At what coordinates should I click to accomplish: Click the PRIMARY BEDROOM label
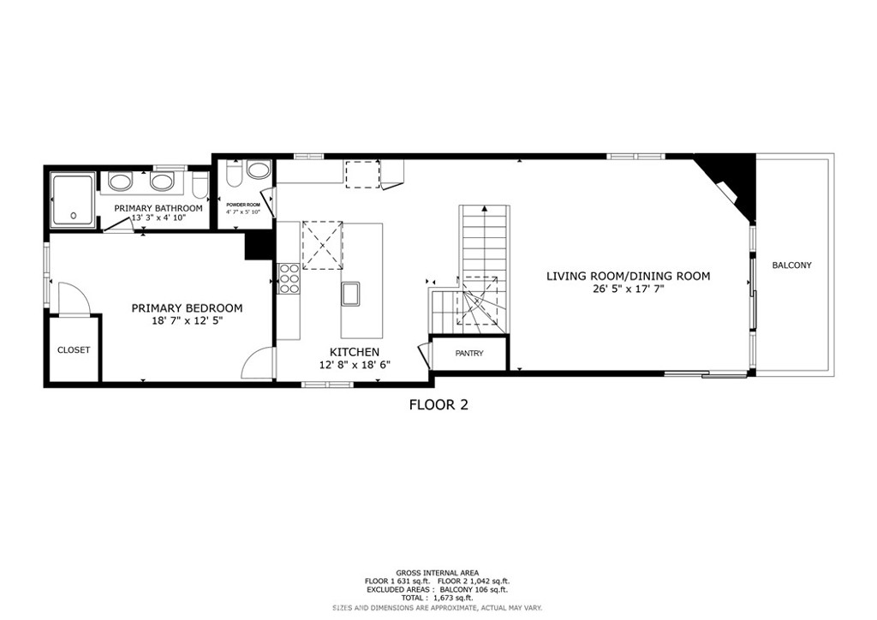(186, 308)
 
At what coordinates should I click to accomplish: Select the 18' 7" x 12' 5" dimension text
(186, 321)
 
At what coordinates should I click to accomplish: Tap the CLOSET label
(74, 350)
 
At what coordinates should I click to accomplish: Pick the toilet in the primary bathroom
(198, 184)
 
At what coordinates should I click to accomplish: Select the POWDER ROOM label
(243, 206)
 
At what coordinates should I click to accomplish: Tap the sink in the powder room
(257, 170)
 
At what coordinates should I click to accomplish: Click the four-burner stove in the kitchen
(289, 279)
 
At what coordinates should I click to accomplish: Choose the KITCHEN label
(355, 352)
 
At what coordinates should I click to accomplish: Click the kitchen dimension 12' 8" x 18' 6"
(355, 365)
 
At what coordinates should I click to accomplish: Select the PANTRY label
(469, 354)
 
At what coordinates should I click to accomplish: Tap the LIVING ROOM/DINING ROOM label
(629, 276)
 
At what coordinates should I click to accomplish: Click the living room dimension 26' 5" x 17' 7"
(629, 289)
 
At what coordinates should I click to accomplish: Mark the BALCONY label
(791, 265)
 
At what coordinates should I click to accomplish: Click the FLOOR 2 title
(438, 405)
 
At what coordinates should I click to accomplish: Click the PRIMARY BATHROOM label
(158, 208)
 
